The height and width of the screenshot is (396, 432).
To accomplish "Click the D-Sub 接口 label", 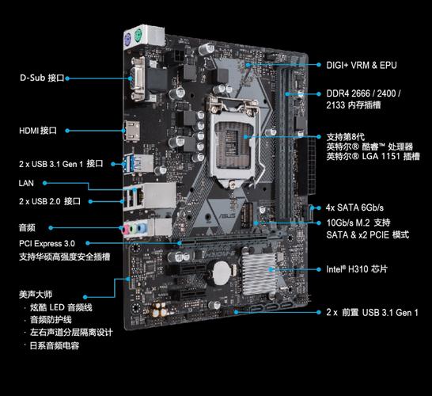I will (41, 78).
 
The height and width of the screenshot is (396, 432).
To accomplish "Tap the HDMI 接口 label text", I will (38, 130).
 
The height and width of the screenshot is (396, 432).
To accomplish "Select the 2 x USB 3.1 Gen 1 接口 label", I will (61, 163).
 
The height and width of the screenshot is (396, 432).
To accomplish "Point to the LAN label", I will (26, 182).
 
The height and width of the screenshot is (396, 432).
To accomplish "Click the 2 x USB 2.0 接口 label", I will (50, 201).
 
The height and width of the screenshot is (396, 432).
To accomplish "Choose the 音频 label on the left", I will (27, 227).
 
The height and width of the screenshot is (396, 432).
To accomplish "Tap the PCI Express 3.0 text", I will (47, 242).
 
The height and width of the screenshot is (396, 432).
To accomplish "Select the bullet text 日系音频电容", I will (55, 345).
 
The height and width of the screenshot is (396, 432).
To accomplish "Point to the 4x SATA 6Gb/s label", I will (360, 207).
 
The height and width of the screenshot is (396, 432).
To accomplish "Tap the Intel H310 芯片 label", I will (357, 269).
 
